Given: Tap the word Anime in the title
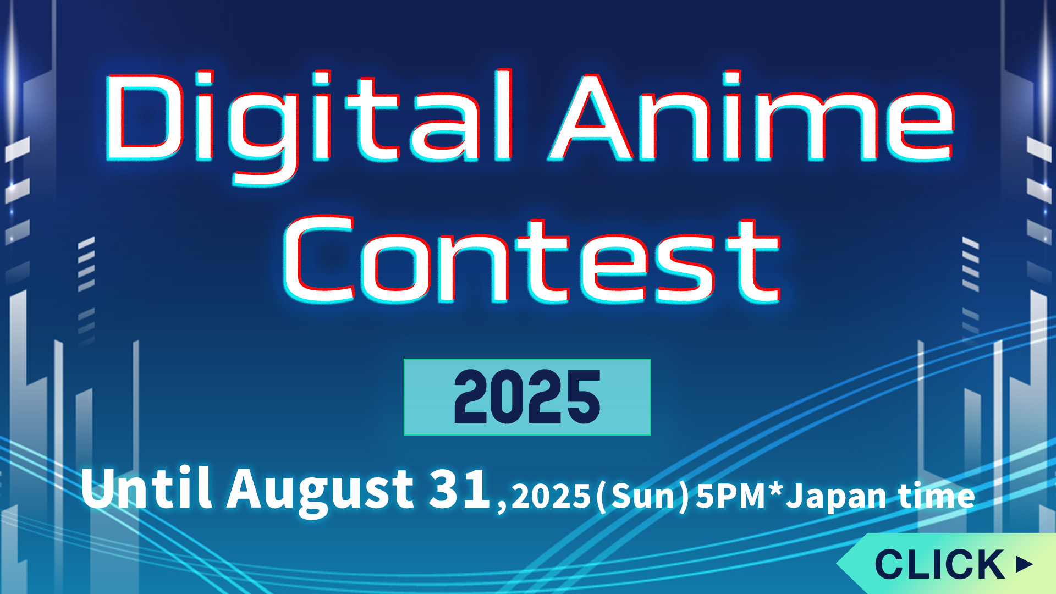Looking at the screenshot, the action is [751, 117].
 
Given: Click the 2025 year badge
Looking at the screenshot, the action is [527, 397].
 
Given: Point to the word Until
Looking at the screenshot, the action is [146, 487].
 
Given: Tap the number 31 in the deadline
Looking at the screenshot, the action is [460, 488].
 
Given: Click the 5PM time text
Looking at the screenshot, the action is [732, 496].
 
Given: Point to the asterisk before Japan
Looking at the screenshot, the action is [776, 490].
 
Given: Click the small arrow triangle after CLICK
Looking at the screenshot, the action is [1024, 564].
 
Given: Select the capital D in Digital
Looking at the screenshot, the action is [144, 118].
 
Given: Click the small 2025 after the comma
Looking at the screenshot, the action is [551, 496].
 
